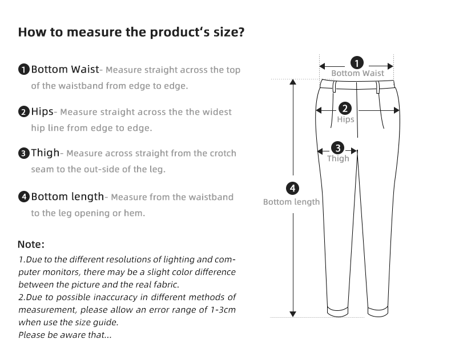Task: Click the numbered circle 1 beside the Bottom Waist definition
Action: (24, 70)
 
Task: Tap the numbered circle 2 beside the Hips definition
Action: (24, 112)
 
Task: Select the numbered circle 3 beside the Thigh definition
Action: (24, 153)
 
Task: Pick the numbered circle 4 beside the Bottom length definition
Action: (24, 197)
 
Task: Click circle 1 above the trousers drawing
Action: (357, 63)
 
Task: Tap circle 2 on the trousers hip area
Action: (345, 109)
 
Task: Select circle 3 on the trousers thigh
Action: (337, 148)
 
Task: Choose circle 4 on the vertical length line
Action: (292, 189)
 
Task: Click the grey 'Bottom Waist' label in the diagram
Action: (357, 73)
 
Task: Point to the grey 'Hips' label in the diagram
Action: (345, 119)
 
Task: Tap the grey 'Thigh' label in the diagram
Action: (338, 158)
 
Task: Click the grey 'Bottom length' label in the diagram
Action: (291, 202)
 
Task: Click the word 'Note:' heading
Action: (31, 244)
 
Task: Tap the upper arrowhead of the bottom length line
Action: (293, 82)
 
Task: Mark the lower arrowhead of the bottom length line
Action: (293, 314)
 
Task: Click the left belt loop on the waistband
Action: (334, 86)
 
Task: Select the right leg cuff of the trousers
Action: (378, 312)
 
